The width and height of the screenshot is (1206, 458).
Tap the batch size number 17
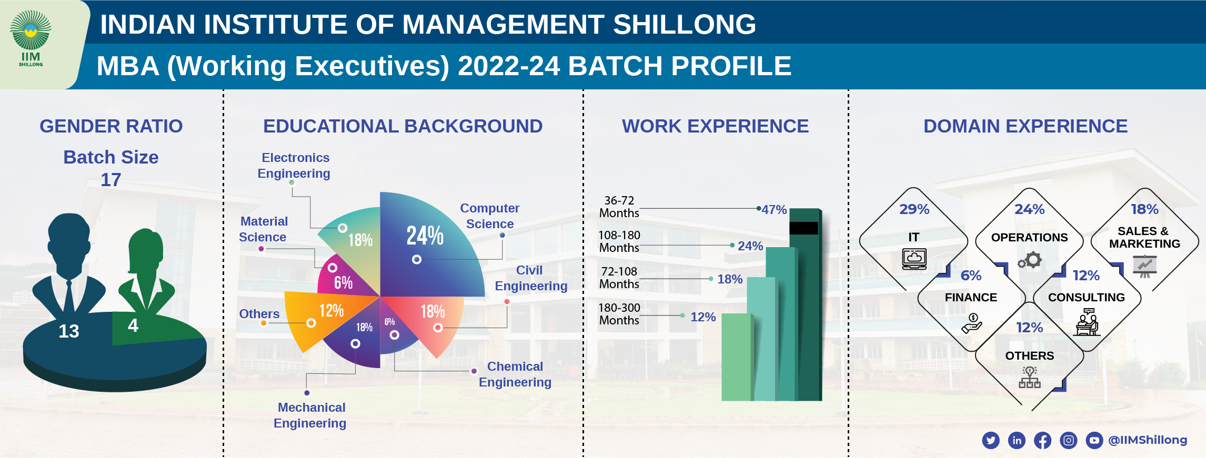point(111,180)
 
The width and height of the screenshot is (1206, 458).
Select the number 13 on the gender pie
point(69,331)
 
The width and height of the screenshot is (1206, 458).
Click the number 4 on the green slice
point(133,325)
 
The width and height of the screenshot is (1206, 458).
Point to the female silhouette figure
point(146,273)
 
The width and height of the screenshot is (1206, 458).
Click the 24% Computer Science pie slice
point(426,247)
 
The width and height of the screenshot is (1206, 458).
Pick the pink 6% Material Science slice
point(342,279)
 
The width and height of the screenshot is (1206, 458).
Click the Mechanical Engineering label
point(310,415)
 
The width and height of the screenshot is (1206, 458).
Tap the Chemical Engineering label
point(515,374)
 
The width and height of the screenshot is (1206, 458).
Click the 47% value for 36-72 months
point(774,210)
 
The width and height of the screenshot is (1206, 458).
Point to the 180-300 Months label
point(619,314)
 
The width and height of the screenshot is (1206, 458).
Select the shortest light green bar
point(737,358)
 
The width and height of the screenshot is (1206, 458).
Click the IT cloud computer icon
point(914,259)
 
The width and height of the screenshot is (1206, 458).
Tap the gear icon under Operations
point(1030,260)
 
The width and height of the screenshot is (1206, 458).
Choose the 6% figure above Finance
point(971,276)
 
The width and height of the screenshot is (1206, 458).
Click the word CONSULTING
point(1086,298)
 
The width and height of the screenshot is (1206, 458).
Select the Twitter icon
point(991,440)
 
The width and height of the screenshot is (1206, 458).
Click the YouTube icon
point(1094,440)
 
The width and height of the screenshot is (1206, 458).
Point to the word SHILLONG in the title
point(684,25)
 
